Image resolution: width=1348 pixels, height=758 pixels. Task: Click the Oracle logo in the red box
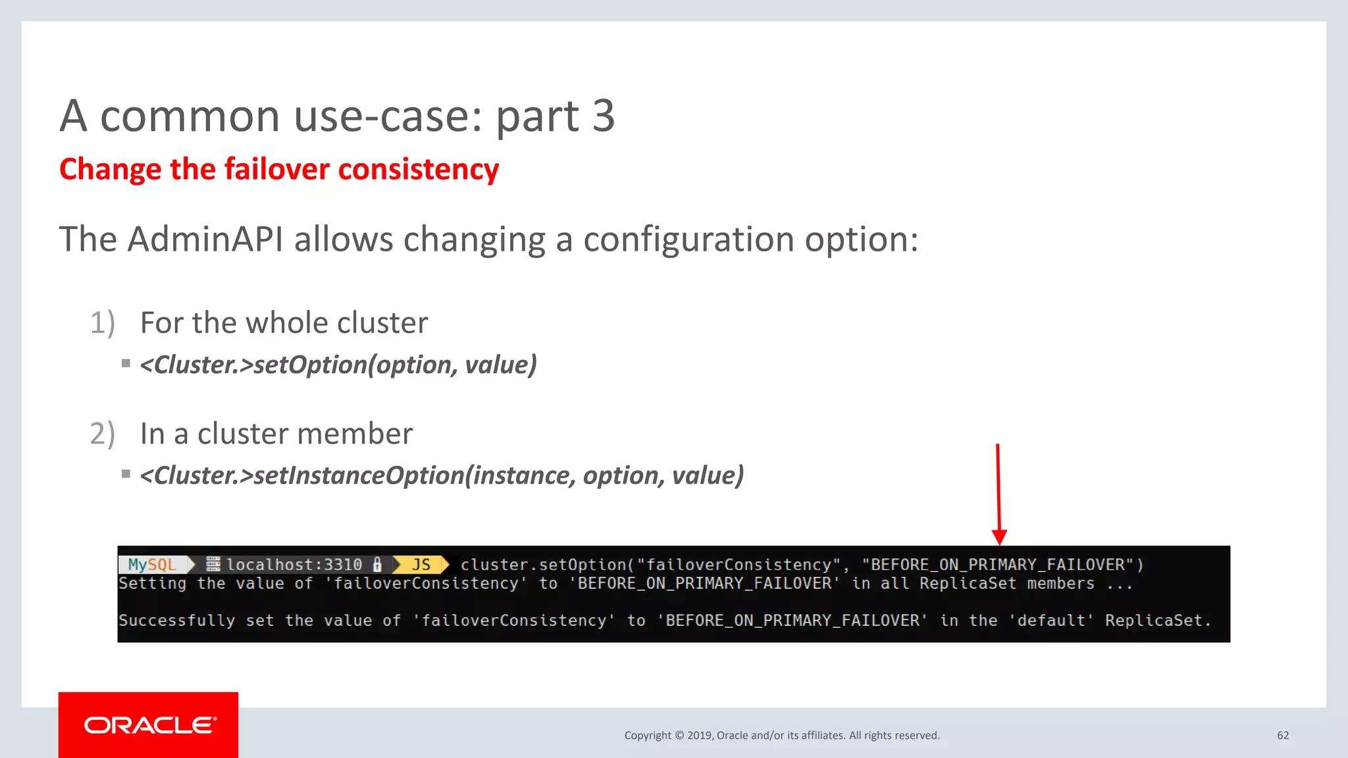tap(150, 725)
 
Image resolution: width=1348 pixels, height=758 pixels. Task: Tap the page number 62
tap(1283, 736)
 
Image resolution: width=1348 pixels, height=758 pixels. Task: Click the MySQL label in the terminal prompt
tap(152, 565)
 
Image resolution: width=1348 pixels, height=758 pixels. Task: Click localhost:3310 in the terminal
tap(294, 565)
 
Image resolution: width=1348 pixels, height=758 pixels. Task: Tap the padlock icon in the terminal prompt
tap(377, 565)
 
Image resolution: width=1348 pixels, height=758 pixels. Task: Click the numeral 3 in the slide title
tap(603, 116)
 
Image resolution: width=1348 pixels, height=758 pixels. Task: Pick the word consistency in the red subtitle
tap(419, 170)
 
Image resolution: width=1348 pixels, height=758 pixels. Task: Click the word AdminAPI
tap(205, 239)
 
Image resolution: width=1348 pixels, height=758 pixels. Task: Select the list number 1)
tap(103, 323)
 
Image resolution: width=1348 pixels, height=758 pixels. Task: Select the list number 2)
tap(103, 434)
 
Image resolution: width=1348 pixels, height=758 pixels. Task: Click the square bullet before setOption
tap(126, 363)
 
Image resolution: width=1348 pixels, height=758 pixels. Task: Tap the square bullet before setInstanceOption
tap(126, 474)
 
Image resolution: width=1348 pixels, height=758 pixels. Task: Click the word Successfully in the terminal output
tap(176, 620)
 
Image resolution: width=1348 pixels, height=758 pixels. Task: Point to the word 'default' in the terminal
tap(1051, 620)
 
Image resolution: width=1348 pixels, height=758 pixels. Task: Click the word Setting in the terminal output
tap(153, 584)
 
